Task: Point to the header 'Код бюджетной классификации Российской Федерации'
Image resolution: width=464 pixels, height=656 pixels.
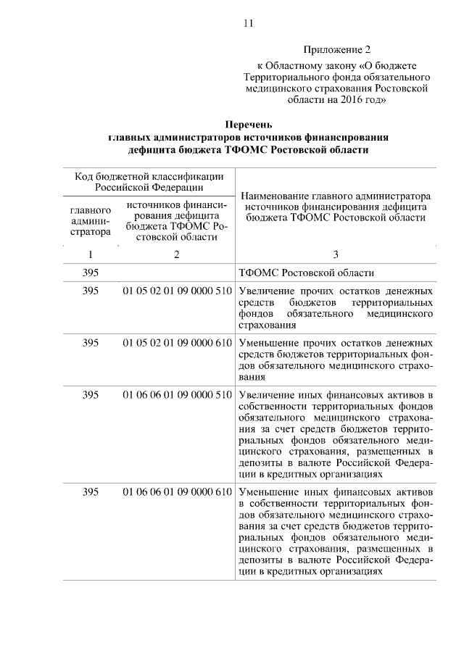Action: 148,180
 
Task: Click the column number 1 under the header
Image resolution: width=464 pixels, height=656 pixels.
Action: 91,254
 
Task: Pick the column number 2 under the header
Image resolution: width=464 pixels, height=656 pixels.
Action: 176,254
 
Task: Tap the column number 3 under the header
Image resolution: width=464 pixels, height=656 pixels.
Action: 335,254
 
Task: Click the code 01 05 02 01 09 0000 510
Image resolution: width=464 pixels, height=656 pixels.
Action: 177,291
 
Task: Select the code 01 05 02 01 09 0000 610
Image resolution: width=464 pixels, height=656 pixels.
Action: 177,342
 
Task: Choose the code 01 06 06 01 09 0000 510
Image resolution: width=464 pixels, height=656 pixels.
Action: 177,394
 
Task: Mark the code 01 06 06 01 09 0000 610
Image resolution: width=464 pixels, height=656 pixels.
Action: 177,492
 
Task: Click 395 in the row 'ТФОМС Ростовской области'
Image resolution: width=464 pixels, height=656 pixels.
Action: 91,273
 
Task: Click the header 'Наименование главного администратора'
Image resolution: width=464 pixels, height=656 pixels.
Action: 335,196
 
